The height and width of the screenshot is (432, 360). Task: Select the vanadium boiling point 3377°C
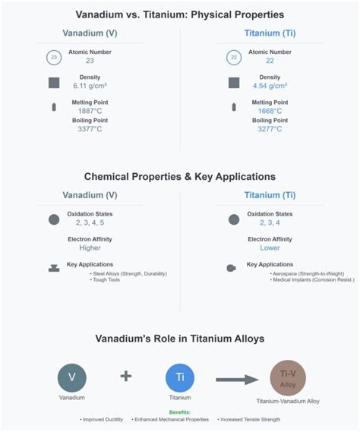pyautogui.click(x=89, y=129)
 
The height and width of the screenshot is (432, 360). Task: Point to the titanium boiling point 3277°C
pyautogui.click(x=270, y=129)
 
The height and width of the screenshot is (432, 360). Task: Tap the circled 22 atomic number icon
pyautogui.click(x=235, y=57)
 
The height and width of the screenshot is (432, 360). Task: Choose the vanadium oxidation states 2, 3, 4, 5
pyautogui.click(x=89, y=222)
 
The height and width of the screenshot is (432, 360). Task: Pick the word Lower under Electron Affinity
pyautogui.click(x=270, y=248)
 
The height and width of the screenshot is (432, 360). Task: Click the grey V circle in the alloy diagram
pyautogui.click(x=72, y=377)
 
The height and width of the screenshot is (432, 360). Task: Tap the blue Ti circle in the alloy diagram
pyautogui.click(x=180, y=377)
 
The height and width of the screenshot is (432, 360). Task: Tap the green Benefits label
pyautogui.click(x=179, y=412)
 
